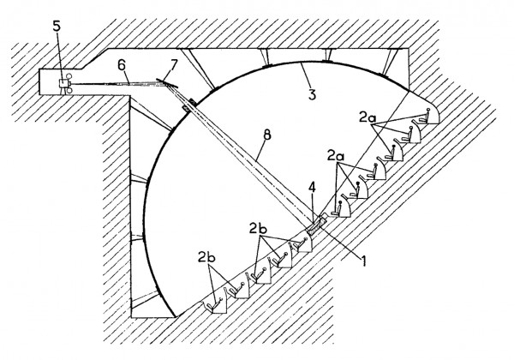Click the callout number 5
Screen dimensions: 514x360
coord(57,27)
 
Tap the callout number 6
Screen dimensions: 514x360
coord(122,65)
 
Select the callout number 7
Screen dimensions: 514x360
coord(173,65)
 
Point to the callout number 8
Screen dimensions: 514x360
coord(267,135)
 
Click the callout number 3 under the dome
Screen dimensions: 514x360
coord(312,94)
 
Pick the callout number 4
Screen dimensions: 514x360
coord(312,188)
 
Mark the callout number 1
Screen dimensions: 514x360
coord(363,261)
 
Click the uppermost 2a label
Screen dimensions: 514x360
coord(367,117)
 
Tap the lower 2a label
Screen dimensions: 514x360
coord(335,156)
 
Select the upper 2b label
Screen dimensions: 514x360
coord(258,229)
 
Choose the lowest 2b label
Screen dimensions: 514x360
coord(206,258)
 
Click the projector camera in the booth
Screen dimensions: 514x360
coord(65,84)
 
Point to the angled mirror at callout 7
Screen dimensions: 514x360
coord(167,84)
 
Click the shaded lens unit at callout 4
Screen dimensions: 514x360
coord(316,225)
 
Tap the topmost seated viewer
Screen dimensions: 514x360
coord(425,116)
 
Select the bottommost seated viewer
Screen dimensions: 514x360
coord(216,305)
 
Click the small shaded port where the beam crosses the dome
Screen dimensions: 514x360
coord(189,105)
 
